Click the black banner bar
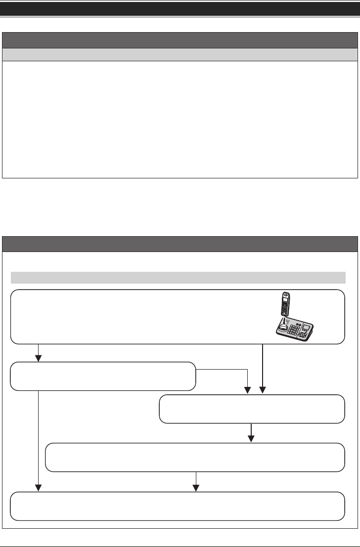[180, 8]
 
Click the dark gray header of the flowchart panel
[180, 244]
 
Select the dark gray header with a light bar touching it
[180, 40]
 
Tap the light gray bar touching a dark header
[180, 54]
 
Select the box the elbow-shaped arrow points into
[252, 409]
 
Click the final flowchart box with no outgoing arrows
[178, 506]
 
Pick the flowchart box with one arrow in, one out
[195, 457]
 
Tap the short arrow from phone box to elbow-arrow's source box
[38, 353]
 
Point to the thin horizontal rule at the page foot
[180, 534]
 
